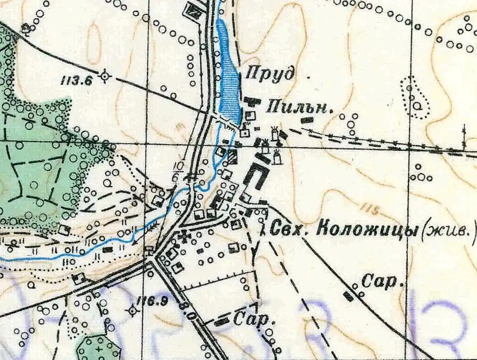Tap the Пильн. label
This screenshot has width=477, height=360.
tap(299, 107)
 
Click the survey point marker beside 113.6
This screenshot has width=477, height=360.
tap(104, 77)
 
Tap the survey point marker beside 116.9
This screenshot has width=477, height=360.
tap(133, 311)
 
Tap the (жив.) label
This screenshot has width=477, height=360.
tap(447, 230)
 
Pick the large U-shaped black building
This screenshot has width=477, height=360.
tap(256, 177)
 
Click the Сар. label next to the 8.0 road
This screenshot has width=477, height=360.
tap(247, 319)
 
